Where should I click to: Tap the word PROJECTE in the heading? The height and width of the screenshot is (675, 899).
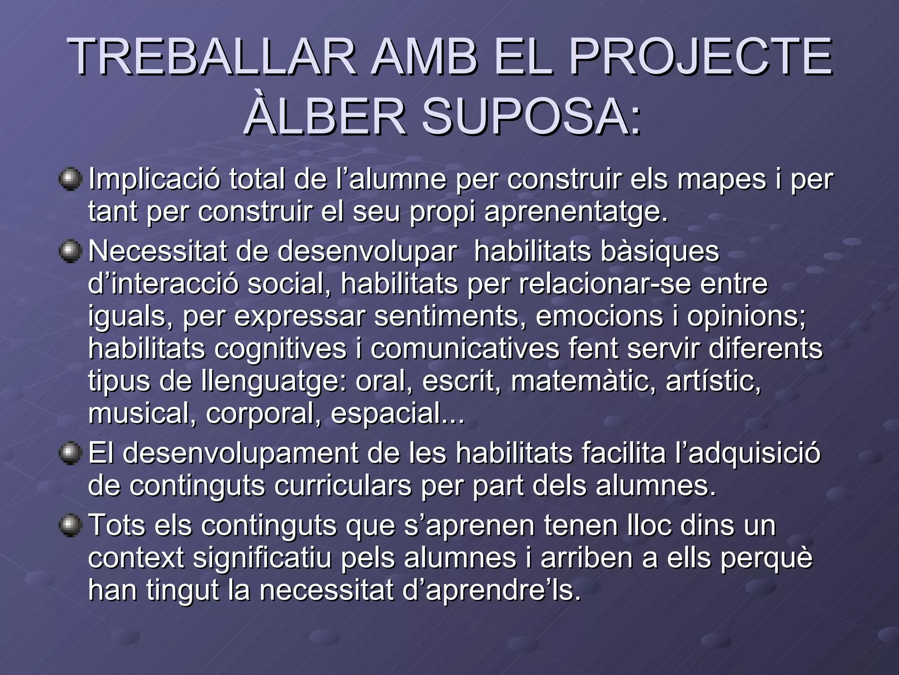click(700, 57)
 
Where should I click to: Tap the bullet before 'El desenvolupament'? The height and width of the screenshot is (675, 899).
click(70, 454)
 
